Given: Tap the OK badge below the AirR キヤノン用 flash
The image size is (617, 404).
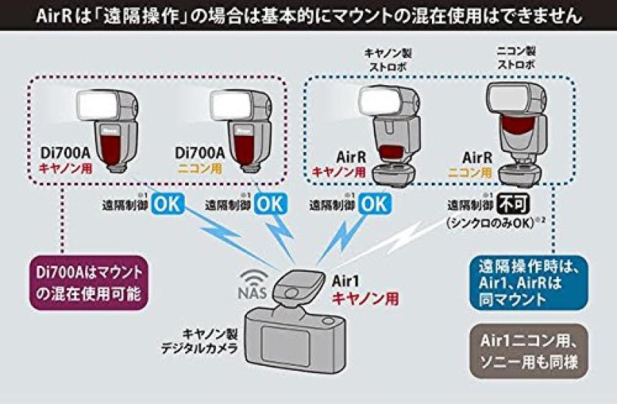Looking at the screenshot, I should [x=375, y=203].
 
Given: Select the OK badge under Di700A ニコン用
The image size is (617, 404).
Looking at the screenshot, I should [x=270, y=203].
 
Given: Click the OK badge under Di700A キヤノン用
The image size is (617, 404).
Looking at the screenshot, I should [x=166, y=203].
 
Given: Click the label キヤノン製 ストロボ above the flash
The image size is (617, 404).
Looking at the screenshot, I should [x=383, y=59].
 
